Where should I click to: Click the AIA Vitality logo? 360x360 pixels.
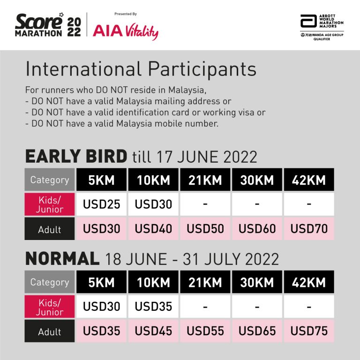[x=126, y=31]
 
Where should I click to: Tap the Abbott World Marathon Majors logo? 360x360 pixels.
[x=322, y=27]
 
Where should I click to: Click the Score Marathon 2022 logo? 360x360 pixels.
[x=48, y=25]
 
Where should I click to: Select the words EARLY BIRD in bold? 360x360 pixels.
[x=76, y=157]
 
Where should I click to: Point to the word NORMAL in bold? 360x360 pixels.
[x=62, y=259]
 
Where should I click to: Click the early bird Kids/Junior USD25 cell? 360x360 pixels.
[x=101, y=204]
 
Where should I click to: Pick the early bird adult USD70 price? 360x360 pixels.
[x=309, y=229]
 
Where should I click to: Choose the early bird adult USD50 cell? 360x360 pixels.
[x=205, y=229]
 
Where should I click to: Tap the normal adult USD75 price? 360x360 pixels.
[x=309, y=331]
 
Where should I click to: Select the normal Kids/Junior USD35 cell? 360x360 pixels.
[x=153, y=307]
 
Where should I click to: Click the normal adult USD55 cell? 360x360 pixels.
[x=205, y=331]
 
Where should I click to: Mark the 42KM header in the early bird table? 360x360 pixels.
[x=309, y=180]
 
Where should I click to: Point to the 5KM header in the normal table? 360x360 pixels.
[x=101, y=282]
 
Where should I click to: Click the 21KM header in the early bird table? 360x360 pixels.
[x=205, y=180]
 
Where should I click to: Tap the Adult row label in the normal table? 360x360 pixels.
[x=50, y=331]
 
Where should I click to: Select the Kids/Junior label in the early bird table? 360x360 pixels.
[x=50, y=204]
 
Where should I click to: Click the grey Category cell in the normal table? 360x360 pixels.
[x=50, y=282]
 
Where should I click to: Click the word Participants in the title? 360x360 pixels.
[x=202, y=69]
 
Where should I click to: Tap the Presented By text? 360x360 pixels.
[x=126, y=14]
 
